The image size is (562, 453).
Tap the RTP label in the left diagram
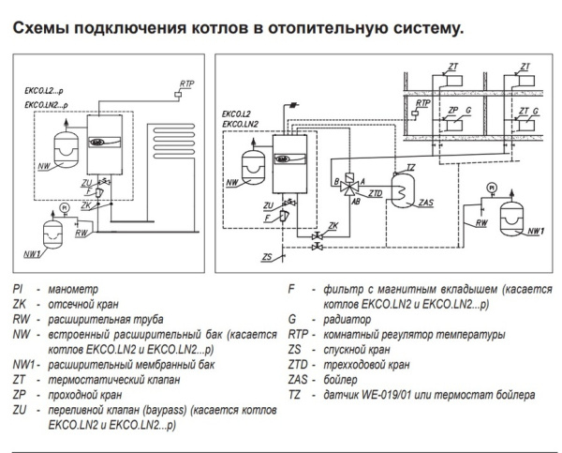click(183, 84)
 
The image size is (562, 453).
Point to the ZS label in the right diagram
click(268, 256)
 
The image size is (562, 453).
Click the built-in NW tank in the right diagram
click(251, 161)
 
